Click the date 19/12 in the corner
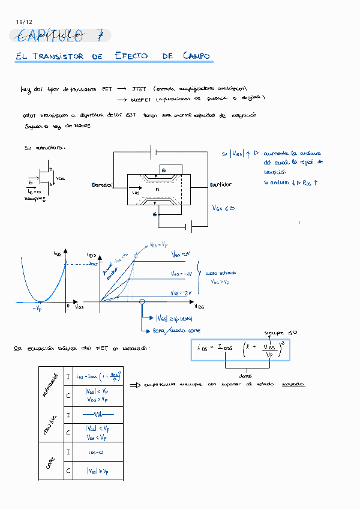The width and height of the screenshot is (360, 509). coord(24,22)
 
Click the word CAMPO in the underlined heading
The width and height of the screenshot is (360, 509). coord(197,56)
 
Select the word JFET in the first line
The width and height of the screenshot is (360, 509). coord(139,89)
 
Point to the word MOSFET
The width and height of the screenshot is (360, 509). coord(141,99)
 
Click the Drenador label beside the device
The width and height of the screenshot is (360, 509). coord(102,185)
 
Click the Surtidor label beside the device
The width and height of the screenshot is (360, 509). coord(221,185)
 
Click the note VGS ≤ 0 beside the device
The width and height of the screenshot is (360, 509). coord(223,208)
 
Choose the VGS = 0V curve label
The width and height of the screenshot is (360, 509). coord(180,254)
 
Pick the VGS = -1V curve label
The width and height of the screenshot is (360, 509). coord(181,274)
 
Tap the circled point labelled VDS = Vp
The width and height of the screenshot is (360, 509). coord(136,256)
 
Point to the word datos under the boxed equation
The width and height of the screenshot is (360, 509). coord(245,376)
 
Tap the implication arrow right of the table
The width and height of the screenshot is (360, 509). coord(135,385)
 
